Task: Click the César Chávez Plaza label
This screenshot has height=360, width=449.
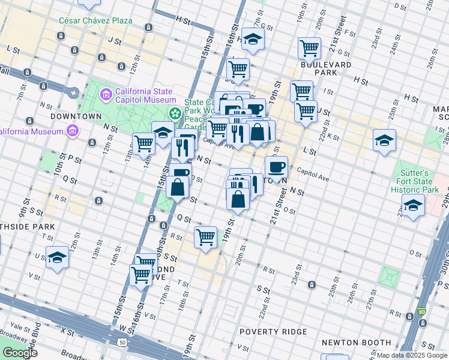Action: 95,20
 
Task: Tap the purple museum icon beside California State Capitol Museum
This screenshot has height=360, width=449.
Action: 106,94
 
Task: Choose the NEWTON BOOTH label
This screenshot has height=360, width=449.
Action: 348,342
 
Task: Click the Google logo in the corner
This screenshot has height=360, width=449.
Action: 20,353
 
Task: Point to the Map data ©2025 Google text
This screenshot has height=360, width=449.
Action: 412,355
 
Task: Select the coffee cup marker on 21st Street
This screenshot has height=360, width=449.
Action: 276,166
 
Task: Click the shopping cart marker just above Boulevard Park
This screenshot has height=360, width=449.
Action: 309,47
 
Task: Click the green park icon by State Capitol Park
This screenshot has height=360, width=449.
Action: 175,113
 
